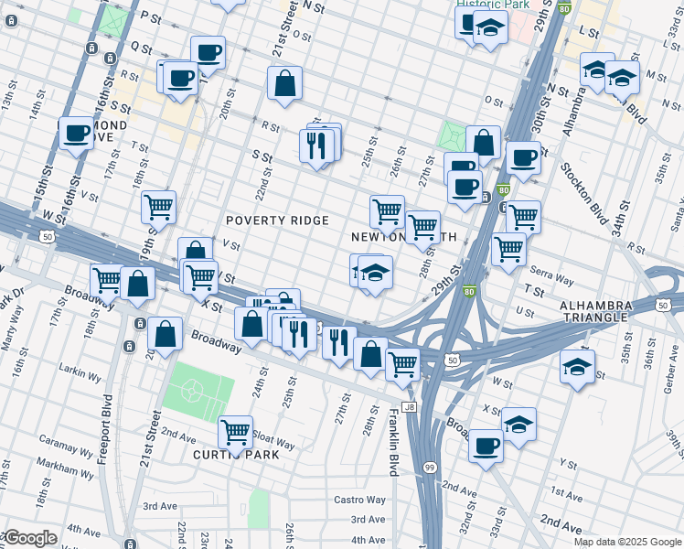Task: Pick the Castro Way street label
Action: (x=359, y=500)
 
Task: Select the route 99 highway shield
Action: (x=430, y=468)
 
